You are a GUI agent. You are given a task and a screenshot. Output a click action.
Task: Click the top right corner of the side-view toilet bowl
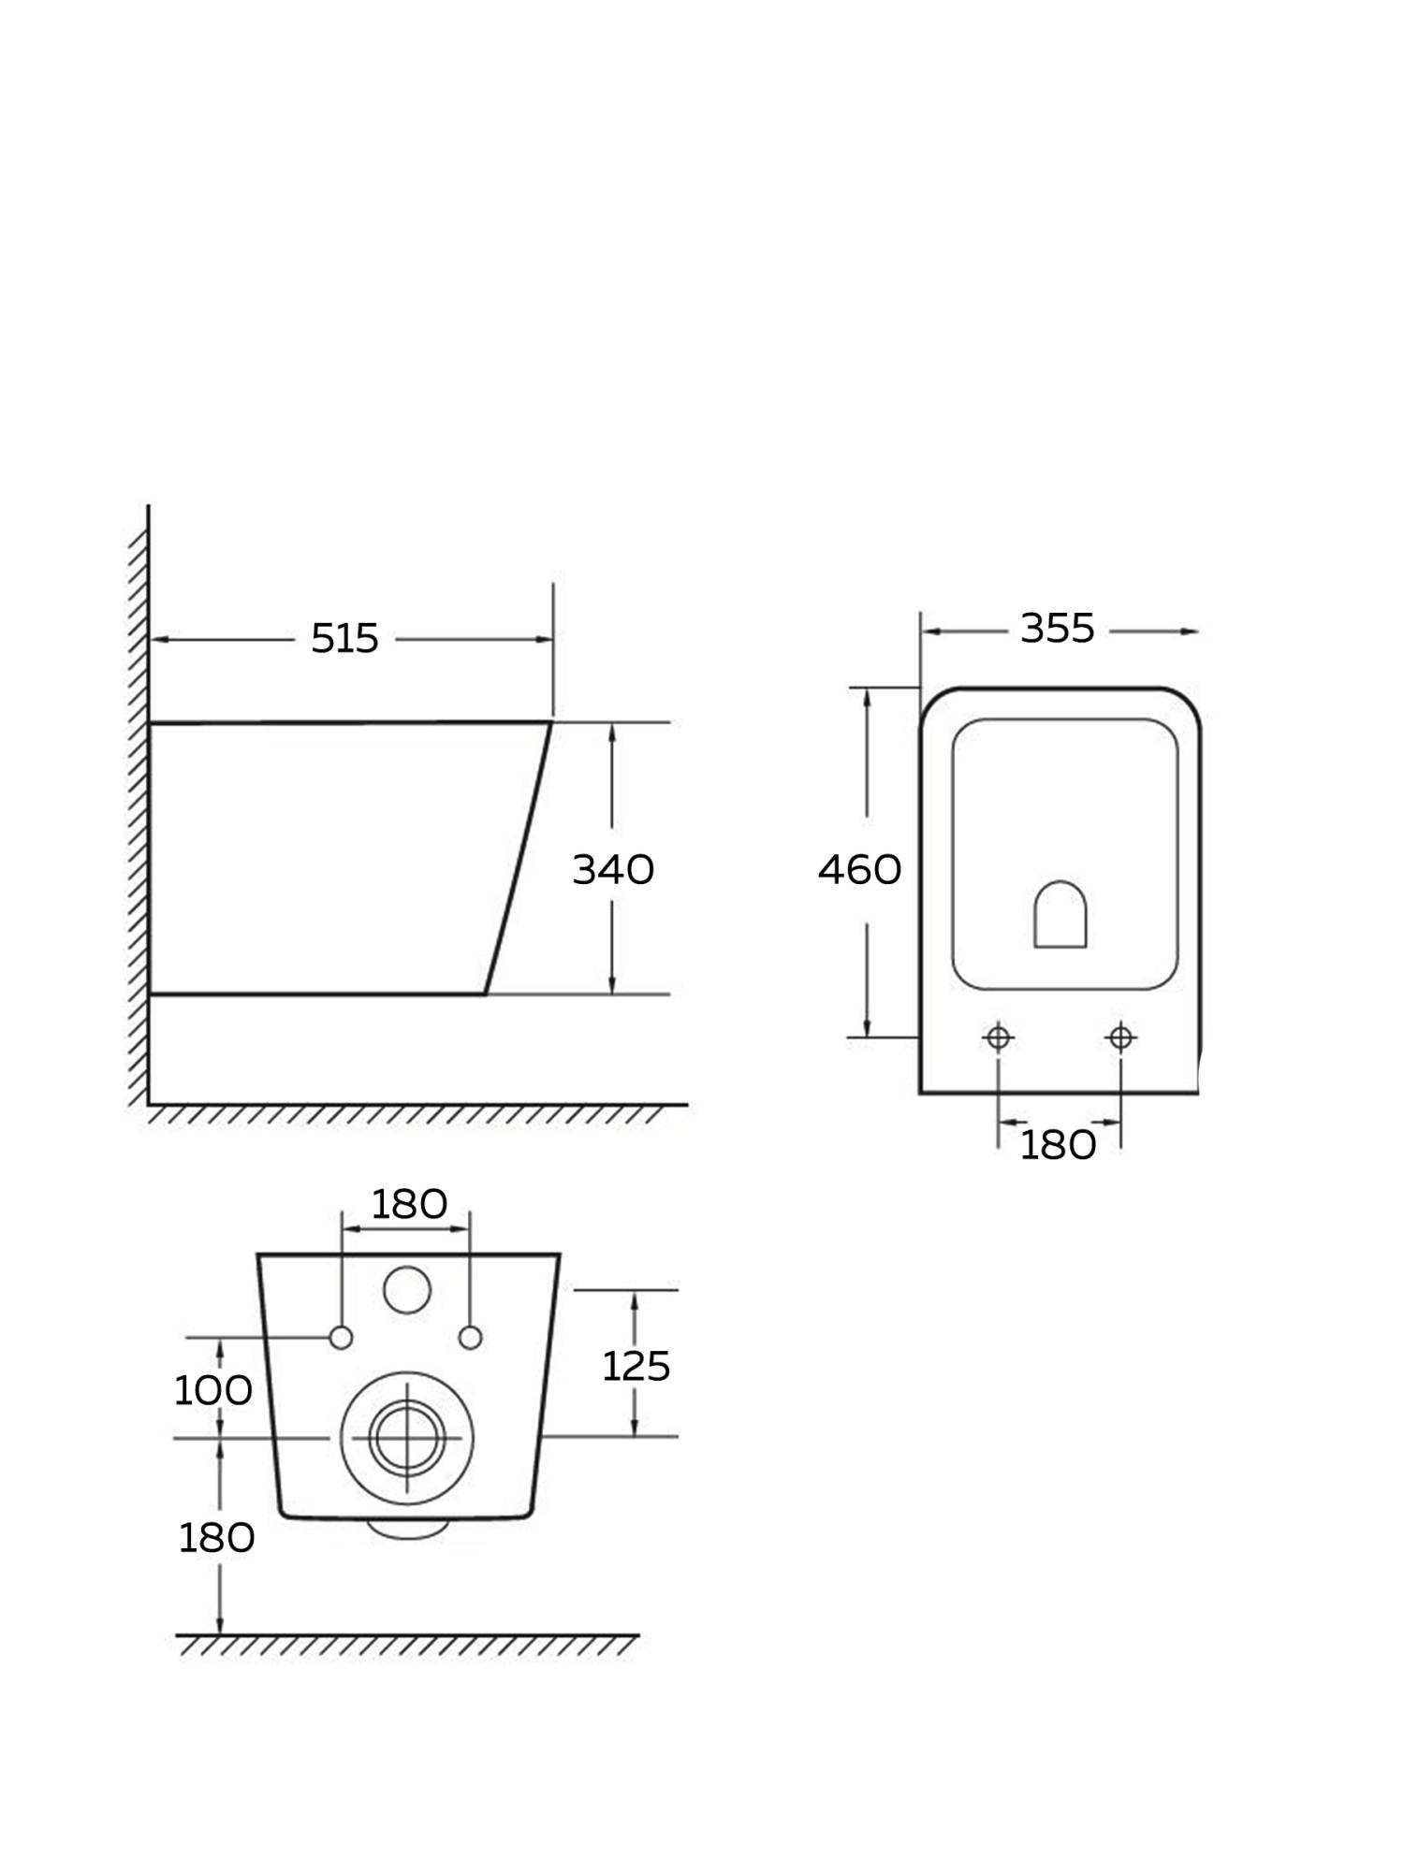[550, 722]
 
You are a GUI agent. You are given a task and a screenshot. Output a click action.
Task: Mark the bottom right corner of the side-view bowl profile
[485, 994]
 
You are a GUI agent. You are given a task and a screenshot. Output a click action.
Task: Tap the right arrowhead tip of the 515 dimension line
[552, 640]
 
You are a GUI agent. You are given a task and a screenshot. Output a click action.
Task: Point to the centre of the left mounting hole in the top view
[998, 1037]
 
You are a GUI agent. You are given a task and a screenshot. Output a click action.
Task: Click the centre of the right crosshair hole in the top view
[1120, 1037]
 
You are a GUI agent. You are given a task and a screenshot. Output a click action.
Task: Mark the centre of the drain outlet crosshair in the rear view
[407, 1438]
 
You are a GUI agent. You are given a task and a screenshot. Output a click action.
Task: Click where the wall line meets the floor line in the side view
[149, 1105]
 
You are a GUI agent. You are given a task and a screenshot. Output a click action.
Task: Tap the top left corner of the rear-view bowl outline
[257, 1255]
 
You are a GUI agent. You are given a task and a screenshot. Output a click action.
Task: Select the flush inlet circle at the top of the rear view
[407, 1290]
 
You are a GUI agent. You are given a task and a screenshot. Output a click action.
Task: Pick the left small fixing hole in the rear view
[341, 1338]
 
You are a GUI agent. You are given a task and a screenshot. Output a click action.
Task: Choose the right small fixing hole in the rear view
[470, 1338]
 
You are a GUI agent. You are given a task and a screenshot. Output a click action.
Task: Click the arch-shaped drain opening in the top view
[1060, 914]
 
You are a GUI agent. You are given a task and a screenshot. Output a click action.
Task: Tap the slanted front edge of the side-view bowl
[518, 858]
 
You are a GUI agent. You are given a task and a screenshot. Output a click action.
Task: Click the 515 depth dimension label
[344, 639]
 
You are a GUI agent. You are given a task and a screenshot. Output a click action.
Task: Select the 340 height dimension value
[613, 870]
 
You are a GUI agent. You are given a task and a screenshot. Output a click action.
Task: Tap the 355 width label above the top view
[1058, 629]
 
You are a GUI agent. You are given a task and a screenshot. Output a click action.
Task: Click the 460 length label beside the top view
[859, 870]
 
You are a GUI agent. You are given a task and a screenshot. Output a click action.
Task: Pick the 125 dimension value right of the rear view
[636, 1367]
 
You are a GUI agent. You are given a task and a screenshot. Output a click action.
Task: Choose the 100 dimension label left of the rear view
[213, 1391]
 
